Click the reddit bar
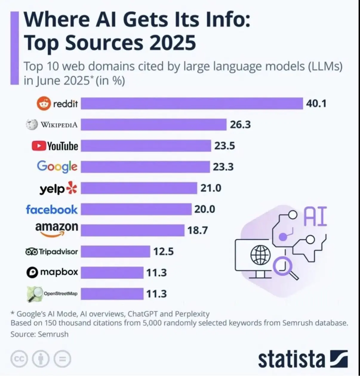(x=192, y=103)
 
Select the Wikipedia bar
(x=153, y=125)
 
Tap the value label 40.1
(x=316, y=103)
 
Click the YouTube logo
(x=55, y=146)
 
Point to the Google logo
(x=57, y=166)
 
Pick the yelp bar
(x=139, y=188)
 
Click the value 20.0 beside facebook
(x=204, y=209)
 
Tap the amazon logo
(x=57, y=229)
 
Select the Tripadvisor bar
(x=115, y=251)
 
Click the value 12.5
(x=163, y=251)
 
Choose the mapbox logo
(x=52, y=272)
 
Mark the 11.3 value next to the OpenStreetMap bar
(x=156, y=294)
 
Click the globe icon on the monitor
(x=260, y=255)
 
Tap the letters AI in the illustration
(x=315, y=217)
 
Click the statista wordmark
(x=291, y=359)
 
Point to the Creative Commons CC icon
(x=19, y=359)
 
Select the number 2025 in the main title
(x=172, y=43)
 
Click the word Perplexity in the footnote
(x=192, y=314)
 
